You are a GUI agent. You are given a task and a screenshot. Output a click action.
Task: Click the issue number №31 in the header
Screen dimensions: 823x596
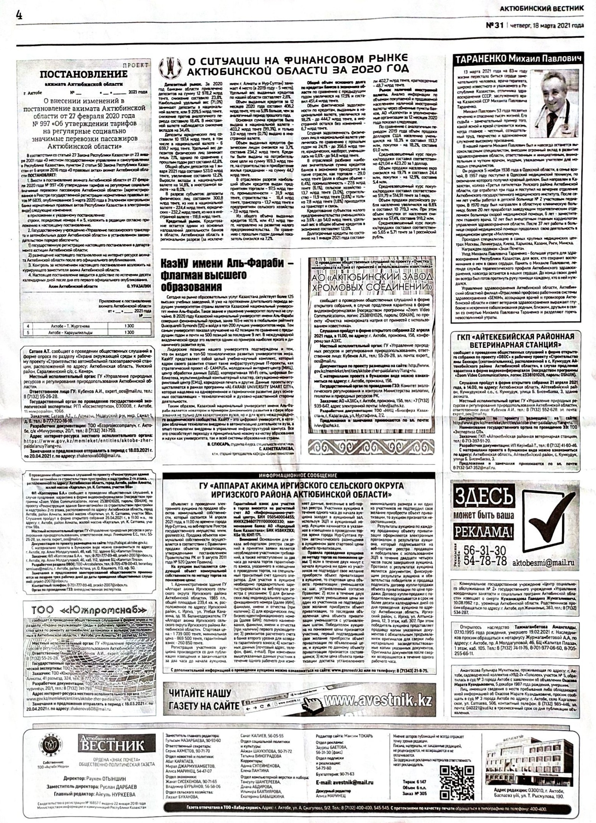(x=495, y=25)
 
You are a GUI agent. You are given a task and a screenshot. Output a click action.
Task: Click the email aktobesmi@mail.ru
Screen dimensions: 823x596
(x=543, y=562)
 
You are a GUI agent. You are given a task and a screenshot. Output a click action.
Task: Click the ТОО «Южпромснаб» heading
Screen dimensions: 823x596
(x=88, y=610)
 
